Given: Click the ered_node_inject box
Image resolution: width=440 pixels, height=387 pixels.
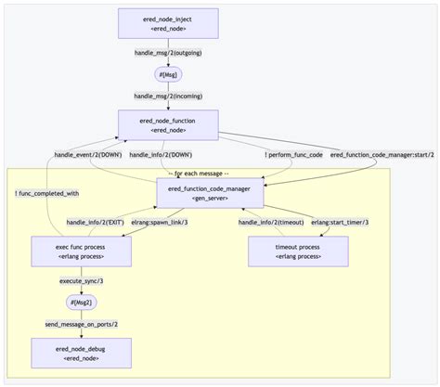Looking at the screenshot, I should (x=169, y=23).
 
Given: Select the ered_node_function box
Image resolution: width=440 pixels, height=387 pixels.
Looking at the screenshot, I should (x=169, y=124).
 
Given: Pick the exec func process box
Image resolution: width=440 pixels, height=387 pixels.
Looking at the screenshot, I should (x=81, y=252).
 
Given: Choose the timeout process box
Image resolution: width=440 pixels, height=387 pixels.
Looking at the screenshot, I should (x=298, y=252).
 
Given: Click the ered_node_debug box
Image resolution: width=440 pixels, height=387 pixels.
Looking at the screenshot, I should (x=81, y=353).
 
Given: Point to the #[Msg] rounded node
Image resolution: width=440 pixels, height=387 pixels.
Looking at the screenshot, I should (x=169, y=74).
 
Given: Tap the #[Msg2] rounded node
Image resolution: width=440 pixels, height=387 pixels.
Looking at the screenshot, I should (x=81, y=303).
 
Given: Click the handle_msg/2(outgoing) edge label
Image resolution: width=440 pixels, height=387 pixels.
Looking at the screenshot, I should (x=169, y=53).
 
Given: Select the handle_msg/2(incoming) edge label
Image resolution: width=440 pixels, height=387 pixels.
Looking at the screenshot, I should (x=169, y=96).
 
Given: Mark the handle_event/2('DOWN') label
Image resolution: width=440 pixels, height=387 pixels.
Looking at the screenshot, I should (x=86, y=155).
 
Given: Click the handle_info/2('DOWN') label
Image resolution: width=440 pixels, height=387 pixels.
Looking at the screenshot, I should (x=161, y=155).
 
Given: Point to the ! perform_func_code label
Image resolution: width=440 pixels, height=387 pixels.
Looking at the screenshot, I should (x=294, y=155).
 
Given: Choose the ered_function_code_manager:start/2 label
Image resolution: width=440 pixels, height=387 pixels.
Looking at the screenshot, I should (x=382, y=155).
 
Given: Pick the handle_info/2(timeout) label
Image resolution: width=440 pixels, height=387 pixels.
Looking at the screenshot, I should (x=270, y=222).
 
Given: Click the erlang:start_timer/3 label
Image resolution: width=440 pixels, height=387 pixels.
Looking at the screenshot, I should (x=340, y=222).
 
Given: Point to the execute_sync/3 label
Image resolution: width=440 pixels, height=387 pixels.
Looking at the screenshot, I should (x=81, y=280).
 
